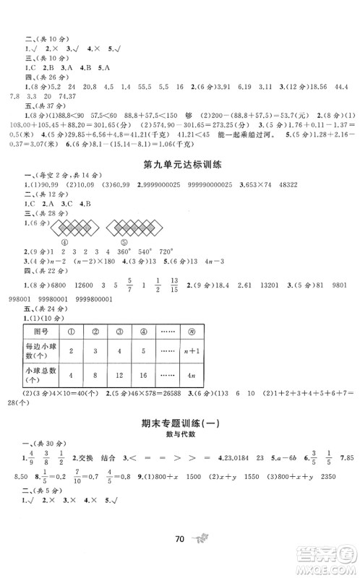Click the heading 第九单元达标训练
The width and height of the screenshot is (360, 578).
(179, 165)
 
